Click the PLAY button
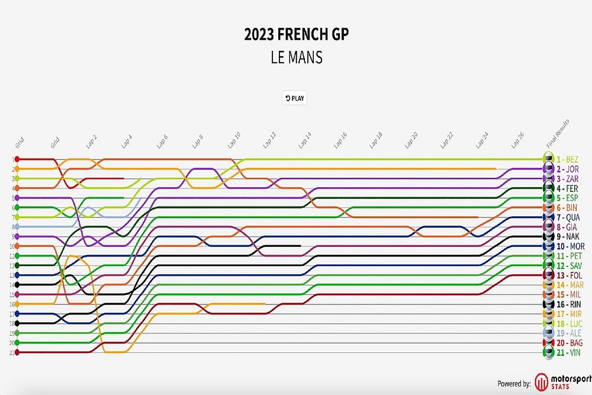tap(295, 98)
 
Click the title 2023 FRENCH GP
tap(297, 34)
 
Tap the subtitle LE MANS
tap(297, 58)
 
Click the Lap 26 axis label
tap(517, 139)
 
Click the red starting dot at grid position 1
tap(17, 159)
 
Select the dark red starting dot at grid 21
tap(17, 352)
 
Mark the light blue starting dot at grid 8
tap(17, 227)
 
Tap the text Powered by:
tap(514, 384)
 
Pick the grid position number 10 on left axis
tap(12, 246)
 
